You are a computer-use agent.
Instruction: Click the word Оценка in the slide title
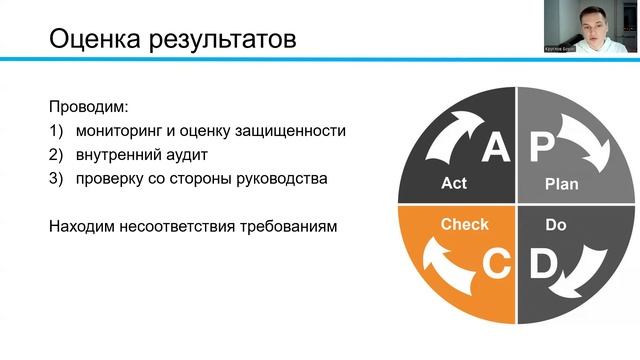(93, 41)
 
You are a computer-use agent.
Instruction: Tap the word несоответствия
(188, 226)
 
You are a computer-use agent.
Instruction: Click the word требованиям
(295, 226)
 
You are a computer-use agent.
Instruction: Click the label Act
(454, 184)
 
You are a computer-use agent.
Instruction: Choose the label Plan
(561, 184)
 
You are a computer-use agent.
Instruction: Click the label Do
(556, 225)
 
